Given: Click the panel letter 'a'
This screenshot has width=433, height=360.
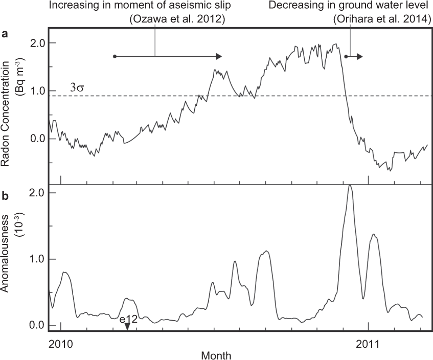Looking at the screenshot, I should point(5,35).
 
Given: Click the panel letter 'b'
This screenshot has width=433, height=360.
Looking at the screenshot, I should point(5,195).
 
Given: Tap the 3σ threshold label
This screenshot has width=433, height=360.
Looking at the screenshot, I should point(76,87).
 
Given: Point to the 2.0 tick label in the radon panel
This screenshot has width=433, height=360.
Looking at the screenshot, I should point(35,43).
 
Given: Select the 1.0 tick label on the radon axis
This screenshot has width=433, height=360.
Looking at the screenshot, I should point(35,91).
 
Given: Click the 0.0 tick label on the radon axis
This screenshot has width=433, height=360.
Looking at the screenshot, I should point(35,139).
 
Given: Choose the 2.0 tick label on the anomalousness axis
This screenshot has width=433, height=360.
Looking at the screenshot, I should point(35,192).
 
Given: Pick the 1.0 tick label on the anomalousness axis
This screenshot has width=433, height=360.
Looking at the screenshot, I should point(35,259).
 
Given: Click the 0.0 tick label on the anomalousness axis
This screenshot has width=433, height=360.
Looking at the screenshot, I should point(35,326).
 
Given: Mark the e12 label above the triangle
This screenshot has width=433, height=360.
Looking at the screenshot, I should point(127,321).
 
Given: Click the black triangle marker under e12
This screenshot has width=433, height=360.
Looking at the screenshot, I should point(127,328).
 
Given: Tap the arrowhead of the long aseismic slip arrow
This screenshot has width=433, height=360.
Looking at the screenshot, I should point(219,56).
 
